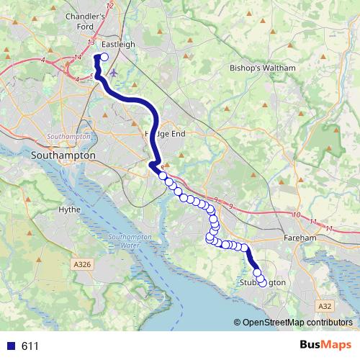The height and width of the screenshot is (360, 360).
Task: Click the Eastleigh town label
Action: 119,44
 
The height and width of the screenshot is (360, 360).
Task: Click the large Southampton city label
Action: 64,155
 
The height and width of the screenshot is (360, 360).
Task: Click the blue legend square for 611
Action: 10,346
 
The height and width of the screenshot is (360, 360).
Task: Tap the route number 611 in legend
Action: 30,346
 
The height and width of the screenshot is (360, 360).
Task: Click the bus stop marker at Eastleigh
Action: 104,58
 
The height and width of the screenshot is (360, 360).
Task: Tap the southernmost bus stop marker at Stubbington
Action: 261,282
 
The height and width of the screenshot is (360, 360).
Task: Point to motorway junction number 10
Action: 297,215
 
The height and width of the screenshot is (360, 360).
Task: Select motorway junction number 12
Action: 109,6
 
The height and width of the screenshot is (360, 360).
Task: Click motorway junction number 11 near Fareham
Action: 329,228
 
